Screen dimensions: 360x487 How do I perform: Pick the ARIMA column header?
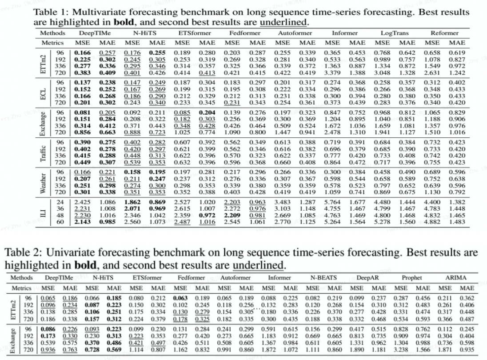click(x=456, y=278)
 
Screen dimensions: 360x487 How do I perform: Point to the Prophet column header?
click(x=411, y=278)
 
